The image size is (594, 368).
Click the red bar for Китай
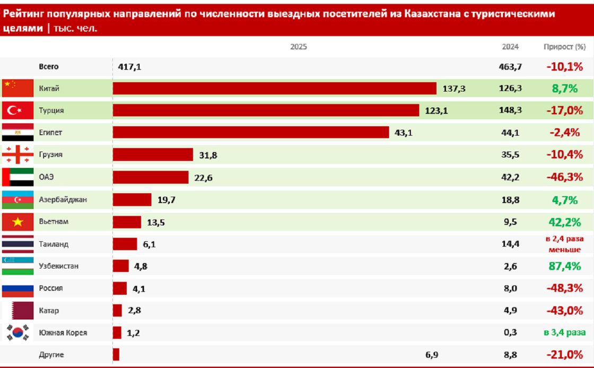coord(274,89)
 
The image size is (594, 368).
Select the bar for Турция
coord(266,110)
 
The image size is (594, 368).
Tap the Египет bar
coord(250,133)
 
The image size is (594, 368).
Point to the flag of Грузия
coord(18,155)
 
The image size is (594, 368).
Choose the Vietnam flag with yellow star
coord(18,221)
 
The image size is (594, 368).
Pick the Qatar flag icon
coord(18,310)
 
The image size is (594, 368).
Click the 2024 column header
coord(510,47)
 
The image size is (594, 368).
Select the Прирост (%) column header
coord(564,47)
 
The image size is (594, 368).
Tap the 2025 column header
coord(299,47)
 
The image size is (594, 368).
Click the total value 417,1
coord(130,67)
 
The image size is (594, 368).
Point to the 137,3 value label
coord(454,89)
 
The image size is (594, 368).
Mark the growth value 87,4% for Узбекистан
coord(564,266)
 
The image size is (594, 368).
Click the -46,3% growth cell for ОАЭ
coord(564,177)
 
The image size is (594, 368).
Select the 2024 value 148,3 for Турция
coord(510,110)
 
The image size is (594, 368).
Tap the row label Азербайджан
coord(63,200)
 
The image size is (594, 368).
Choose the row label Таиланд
coord(54,244)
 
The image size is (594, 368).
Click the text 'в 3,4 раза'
coord(564,332)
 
